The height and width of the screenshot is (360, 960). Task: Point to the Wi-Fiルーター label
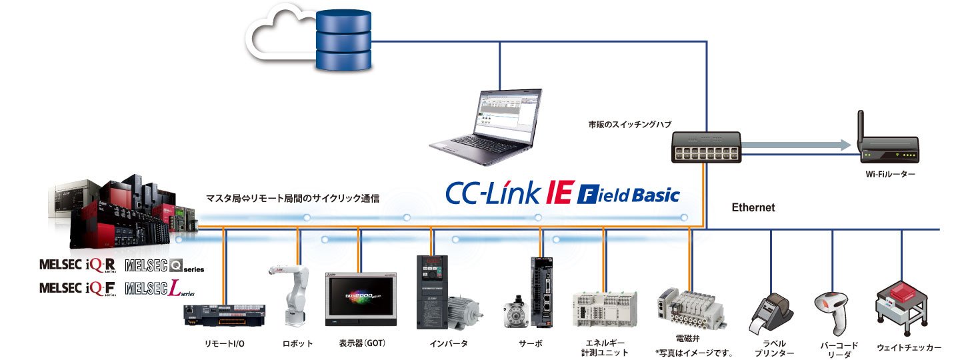point(891,175)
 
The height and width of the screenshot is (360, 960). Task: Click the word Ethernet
point(753,208)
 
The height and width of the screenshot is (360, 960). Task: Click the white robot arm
point(292,293)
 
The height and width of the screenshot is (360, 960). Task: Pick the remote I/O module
point(224,315)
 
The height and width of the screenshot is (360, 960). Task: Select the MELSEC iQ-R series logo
point(79,265)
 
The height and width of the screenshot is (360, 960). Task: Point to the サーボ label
point(531,344)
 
